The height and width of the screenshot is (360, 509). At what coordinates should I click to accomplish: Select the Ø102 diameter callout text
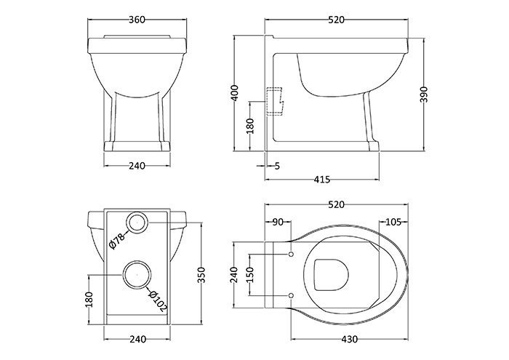(158, 301)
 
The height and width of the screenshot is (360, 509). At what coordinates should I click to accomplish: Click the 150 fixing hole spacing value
(250, 275)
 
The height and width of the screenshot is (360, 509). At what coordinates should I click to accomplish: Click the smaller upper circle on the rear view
(137, 223)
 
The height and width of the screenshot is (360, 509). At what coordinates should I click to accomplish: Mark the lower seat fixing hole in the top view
(291, 295)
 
